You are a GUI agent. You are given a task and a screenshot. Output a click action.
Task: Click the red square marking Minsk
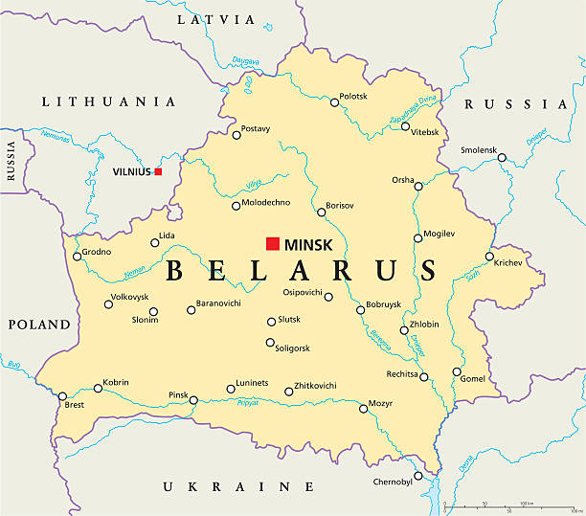pyautogui.click(x=273, y=243)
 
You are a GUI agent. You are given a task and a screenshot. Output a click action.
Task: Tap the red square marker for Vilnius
pyautogui.click(x=158, y=172)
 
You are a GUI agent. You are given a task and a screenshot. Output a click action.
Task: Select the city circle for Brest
pyautogui.click(x=63, y=396)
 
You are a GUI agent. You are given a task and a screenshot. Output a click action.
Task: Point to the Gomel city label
pyautogui.click(x=473, y=379)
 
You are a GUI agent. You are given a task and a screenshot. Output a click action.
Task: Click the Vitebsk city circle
pyautogui.click(x=405, y=126)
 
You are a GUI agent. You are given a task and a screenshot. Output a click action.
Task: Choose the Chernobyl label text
pyautogui.click(x=392, y=482)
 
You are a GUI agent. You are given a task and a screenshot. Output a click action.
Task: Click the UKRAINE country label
pyautogui.click(x=226, y=486)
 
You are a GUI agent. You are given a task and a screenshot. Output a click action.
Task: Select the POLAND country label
pyautogui.click(x=39, y=325)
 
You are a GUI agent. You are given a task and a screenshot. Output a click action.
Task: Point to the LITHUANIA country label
pyautogui.click(x=108, y=101)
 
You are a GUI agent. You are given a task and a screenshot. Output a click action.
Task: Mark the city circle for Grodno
pyautogui.click(x=78, y=256)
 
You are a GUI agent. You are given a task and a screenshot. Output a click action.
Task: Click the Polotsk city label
pyautogui.click(x=353, y=97)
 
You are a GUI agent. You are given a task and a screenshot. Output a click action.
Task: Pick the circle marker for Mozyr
pyautogui.click(x=363, y=409)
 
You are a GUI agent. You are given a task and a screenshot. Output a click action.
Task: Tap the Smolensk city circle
pyautogui.click(x=502, y=157)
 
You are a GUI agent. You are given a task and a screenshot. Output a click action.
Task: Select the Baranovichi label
pyautogui.click(x=218, y=303)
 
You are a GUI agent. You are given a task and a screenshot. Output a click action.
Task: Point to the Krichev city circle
pyautogui.click(x=489, y=256)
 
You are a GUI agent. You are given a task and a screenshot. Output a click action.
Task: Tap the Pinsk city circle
pyautogui.click(x=193, y=400)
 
